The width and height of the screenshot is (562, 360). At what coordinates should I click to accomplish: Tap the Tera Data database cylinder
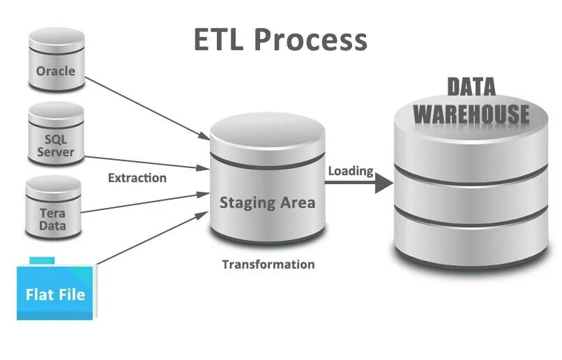click(53, 207)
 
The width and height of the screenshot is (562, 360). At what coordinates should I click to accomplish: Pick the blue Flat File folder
click(56, 292)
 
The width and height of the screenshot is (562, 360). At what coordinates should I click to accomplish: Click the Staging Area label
click(267, 203)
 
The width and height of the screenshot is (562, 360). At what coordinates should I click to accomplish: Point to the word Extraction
click(137, 178)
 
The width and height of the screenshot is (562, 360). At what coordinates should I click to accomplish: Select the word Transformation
click(268, 264)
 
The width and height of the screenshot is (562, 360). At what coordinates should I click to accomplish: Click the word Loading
click(351, 171)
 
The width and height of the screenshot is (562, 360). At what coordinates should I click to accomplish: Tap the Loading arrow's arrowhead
click(383, 183)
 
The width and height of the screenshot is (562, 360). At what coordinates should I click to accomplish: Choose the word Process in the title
click(310, 40)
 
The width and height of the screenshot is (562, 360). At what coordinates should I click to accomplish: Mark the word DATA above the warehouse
click(471, 87)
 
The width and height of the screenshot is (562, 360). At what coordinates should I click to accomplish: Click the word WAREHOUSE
click(471, 113)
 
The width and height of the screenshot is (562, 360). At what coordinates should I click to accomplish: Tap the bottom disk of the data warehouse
click(471, 244)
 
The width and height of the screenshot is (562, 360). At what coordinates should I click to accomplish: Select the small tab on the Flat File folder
click(42, 260)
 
